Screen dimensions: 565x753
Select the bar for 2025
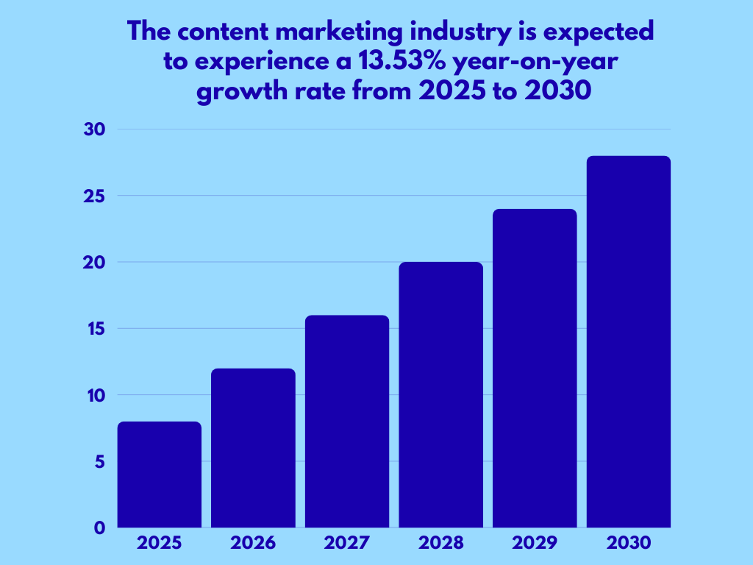coord(159,475)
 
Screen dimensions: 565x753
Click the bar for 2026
coord(253,448)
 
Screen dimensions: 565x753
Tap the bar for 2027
coord(347,422)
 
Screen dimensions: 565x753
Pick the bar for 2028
coord(441,395)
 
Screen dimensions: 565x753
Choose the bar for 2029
coord(535,369)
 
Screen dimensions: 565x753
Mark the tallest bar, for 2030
coord(629,342)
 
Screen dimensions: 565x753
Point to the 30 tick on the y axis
coord(96,129)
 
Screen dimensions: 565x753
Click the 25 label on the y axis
coord(96,196)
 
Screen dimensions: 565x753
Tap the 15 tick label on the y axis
coord(96,329)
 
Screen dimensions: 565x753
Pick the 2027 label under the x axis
coord(347,544)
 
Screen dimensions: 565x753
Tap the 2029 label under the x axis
coord(535,544)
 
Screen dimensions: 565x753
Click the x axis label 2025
coord(159,544)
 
